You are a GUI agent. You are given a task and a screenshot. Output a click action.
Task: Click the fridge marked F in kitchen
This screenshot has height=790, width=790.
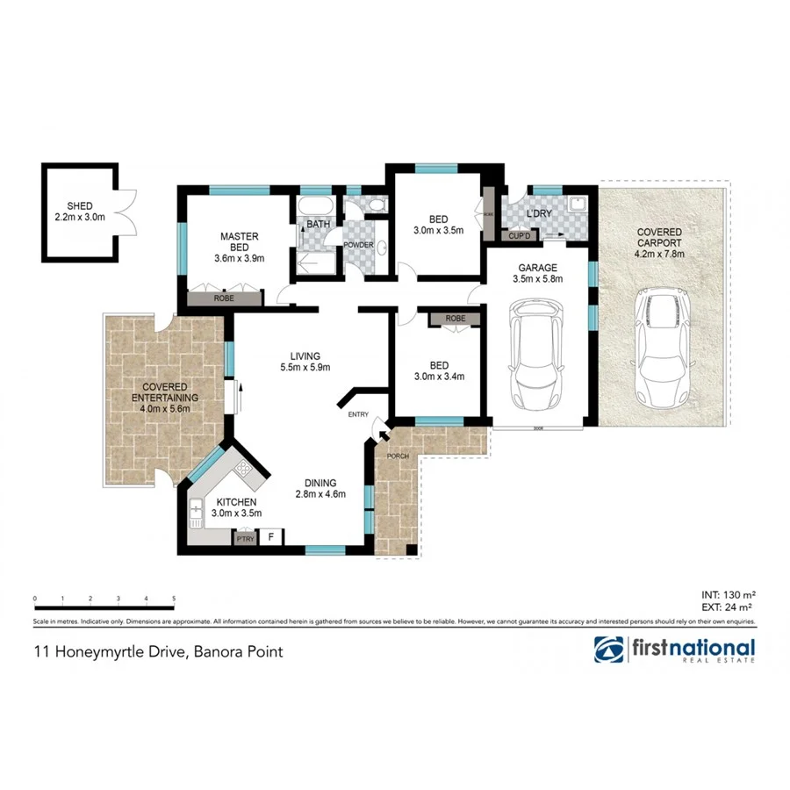[271, 537]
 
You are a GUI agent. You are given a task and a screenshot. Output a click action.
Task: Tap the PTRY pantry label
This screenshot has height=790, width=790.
[245, 539]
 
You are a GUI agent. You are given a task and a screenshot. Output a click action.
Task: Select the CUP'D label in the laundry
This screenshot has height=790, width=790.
[519, 235]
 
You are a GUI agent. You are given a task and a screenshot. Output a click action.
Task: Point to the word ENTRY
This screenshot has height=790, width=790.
[358, 414]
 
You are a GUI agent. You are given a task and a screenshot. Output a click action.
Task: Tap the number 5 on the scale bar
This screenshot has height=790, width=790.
[174, 599]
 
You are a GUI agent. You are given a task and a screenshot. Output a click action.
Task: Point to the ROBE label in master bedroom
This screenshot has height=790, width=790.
[225, 299]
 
